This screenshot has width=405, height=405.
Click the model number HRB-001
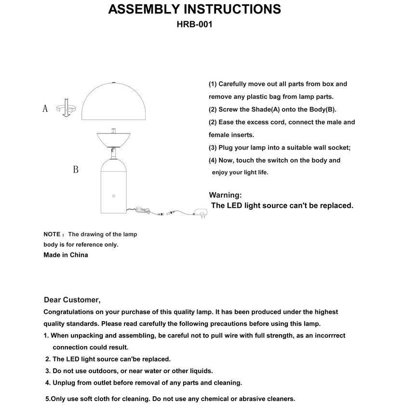[194, 24]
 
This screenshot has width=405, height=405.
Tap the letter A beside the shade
[45, 108]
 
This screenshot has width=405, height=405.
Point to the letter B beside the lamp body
[76, 170]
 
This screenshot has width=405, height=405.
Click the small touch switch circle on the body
[114, 196]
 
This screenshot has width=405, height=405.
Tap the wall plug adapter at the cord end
[201, 212]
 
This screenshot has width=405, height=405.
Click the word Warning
[225, 195]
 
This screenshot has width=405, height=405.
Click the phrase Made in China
[66, 255]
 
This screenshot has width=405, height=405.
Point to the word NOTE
[52, 234]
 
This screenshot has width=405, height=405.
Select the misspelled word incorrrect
[327, 336]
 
